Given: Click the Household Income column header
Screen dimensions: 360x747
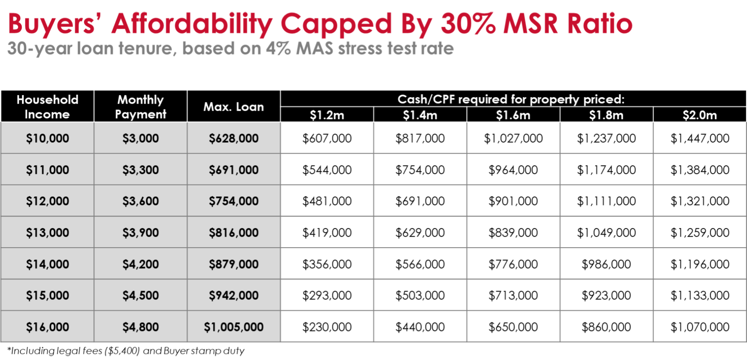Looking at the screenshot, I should pyautogui.click(x=47, y=107).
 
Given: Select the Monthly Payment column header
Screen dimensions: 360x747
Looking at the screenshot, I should pyautogui.click(x=140, y=107).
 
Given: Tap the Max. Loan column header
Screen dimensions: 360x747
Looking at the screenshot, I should pyautogui.click(x=233, y=107).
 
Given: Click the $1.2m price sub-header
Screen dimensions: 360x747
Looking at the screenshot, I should pyautogui.click(x=327, y=115).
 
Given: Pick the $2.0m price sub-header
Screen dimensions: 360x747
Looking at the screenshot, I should pyautogui.click(x=699, y=115).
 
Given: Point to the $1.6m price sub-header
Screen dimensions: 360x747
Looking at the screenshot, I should pyautogui.click(x=513, y=115).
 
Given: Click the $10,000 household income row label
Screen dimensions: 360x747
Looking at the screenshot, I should pyautogui.click(x=47, y=138).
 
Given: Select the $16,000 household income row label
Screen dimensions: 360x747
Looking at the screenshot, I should pyautogui.click(x=47, y=327).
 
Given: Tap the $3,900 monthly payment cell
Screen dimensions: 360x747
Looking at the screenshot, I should pyautogui.click(x=140, y=232).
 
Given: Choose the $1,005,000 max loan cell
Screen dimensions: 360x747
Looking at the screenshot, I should pyautogui.click(x=233, y=327).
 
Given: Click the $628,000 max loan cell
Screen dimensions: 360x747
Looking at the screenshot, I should pyautogui.click(x=233, y=138).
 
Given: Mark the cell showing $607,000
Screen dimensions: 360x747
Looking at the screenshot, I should pyautogui.click(x=327, y=138).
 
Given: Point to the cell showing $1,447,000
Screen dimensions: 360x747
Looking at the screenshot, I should pyautogui.click(x=699, y=138).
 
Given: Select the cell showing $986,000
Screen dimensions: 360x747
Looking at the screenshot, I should pyautogui.click(x=606, y=264).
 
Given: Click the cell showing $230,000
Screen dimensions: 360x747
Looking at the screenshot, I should pyautogui.click(x=327, y=327).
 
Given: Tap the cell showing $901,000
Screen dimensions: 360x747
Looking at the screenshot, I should pyautogui.click(x=513, y=201).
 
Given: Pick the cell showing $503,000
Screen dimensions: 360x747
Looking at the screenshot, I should pyautogui.click(x=420, y=295).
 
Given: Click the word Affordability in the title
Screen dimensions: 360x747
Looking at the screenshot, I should pyautogui.click(x=191, y=24).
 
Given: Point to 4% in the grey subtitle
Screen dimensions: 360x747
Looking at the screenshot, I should pyautogui.click(x=278, y=48).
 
